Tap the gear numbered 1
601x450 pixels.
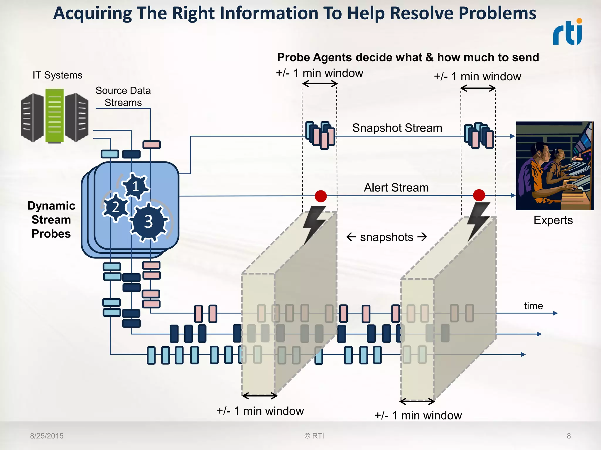click(135, 186)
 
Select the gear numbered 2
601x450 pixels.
click(116, 207)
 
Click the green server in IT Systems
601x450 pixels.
click(55, 116)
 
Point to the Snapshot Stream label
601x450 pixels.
click(397, 128)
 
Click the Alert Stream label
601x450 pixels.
click(396, 187)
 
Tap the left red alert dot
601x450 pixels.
click(321, 196)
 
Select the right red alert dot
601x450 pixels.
click(479, 195)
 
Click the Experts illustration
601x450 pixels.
click(555, 166)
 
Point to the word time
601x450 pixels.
click(533, 306)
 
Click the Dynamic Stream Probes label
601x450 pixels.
click(51, 220)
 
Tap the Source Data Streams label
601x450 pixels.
click(123, 96)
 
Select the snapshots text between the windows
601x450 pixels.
click(386, 237)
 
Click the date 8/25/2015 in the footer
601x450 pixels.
click(47, 436)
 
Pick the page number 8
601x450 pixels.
click(569, 436)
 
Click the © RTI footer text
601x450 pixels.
click(314, 436)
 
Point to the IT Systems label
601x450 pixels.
click(58, 75)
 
